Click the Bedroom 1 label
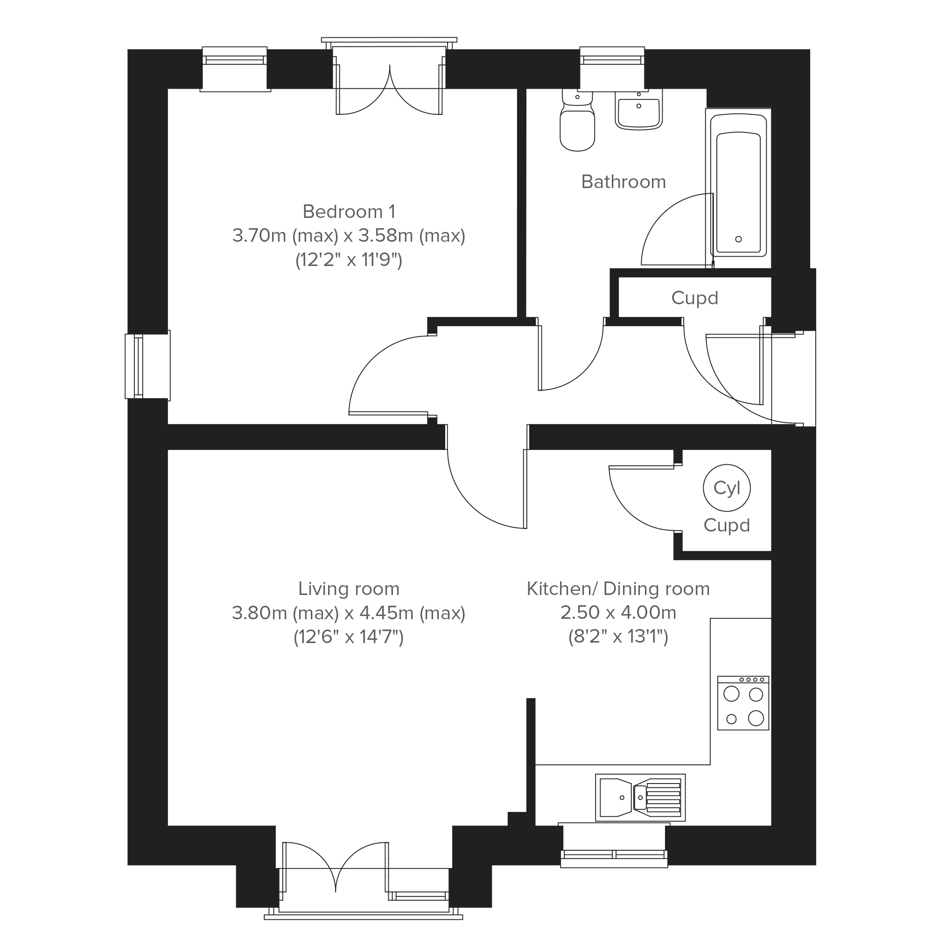click(349, 212)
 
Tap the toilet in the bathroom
click(577, 120)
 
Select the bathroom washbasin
click(638, 110)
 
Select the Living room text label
click(349, 588)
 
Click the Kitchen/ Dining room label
click(618, 588)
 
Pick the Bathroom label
click(623, 182)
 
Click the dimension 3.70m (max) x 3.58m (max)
click(349, 236)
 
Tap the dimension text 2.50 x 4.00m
click(618, 612)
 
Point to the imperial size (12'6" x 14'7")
click(349, 637)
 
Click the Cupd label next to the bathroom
click(694, 297)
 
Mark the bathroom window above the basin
click(612, 69)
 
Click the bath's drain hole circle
click(739, 239)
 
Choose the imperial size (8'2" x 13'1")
click(618, 637)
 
